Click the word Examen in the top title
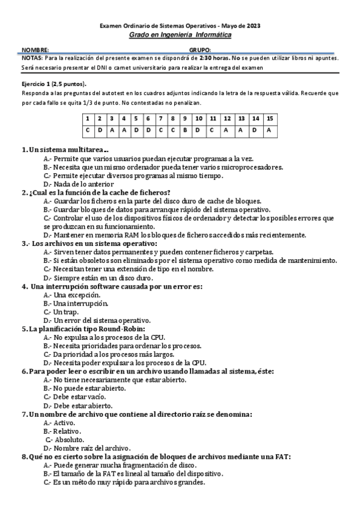pyautogui.click(x=110, y=26)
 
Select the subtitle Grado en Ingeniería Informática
pyautogui.click(x=180, y=35)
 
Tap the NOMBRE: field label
pyautogui.click(x=35, y=50)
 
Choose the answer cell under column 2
pyautogui.click(x=100, y=129)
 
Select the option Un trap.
pyautogui.click(x=63, y=312)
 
